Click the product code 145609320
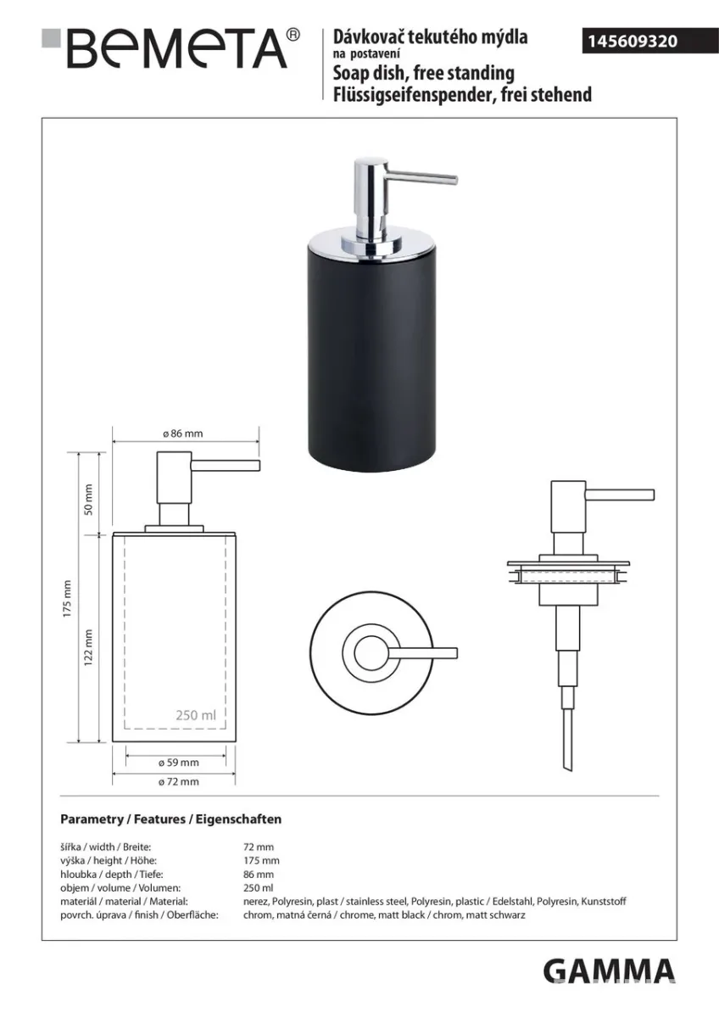[633, 42]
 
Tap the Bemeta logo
[170, 48]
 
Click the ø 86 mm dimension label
[182, 433]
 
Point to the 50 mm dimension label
[88, 500]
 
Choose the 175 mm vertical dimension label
[67, 599]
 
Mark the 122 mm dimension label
[88, 647]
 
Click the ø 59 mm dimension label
[179, 763]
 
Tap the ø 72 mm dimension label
[179, 781]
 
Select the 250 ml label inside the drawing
[196, 715]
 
